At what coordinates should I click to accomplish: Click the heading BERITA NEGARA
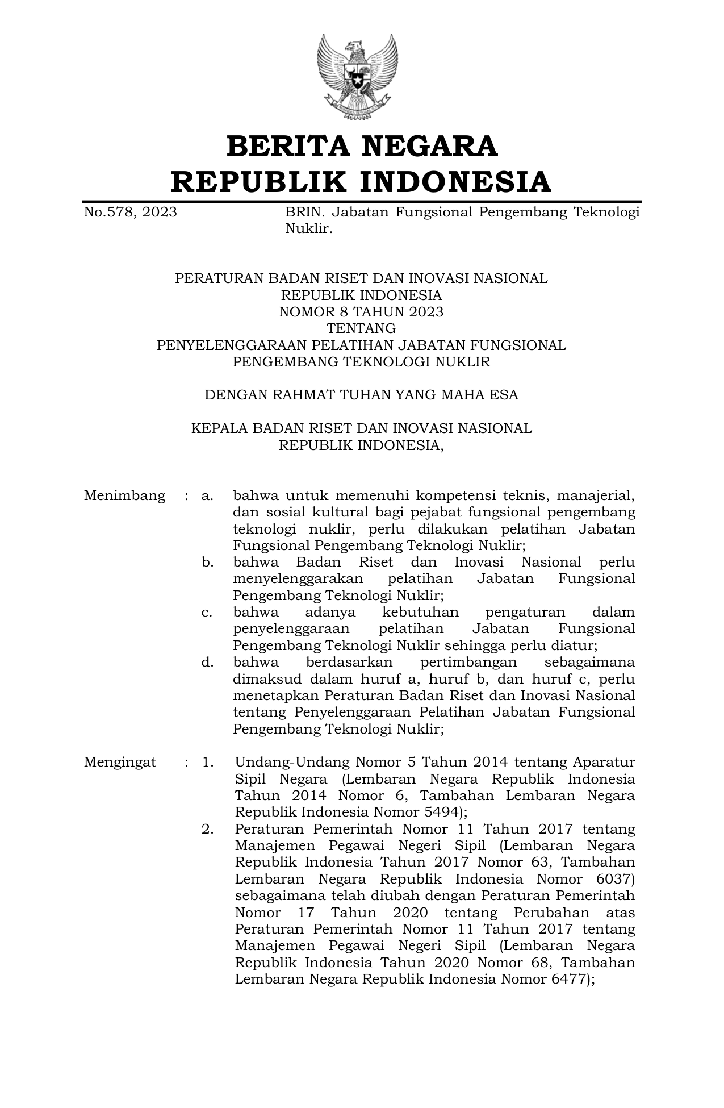click(362, 147)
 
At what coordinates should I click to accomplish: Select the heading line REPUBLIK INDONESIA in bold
click(361, 182)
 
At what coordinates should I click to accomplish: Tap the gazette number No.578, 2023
click(130, 213)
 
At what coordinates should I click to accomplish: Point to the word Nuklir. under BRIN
click(308, 229)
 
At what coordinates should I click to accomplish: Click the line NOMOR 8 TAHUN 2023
click(361, 312)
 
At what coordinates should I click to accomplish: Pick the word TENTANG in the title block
click(361, 328)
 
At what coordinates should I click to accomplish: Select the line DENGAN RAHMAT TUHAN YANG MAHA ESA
click(361, 395)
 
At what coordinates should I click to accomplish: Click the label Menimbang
click(124, 495)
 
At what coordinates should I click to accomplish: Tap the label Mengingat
click(120, 762)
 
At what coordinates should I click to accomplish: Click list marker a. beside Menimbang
click(207, 496)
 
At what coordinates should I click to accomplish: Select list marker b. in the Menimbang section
click(207, 563)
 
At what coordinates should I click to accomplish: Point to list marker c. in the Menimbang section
click(207, 613)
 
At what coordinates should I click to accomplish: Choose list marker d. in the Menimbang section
click(207, 662)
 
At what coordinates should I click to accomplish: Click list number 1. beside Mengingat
click(207, 762)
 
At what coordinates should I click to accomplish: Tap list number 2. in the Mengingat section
click(207, 829)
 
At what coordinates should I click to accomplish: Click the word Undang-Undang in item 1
click(292, 762)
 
